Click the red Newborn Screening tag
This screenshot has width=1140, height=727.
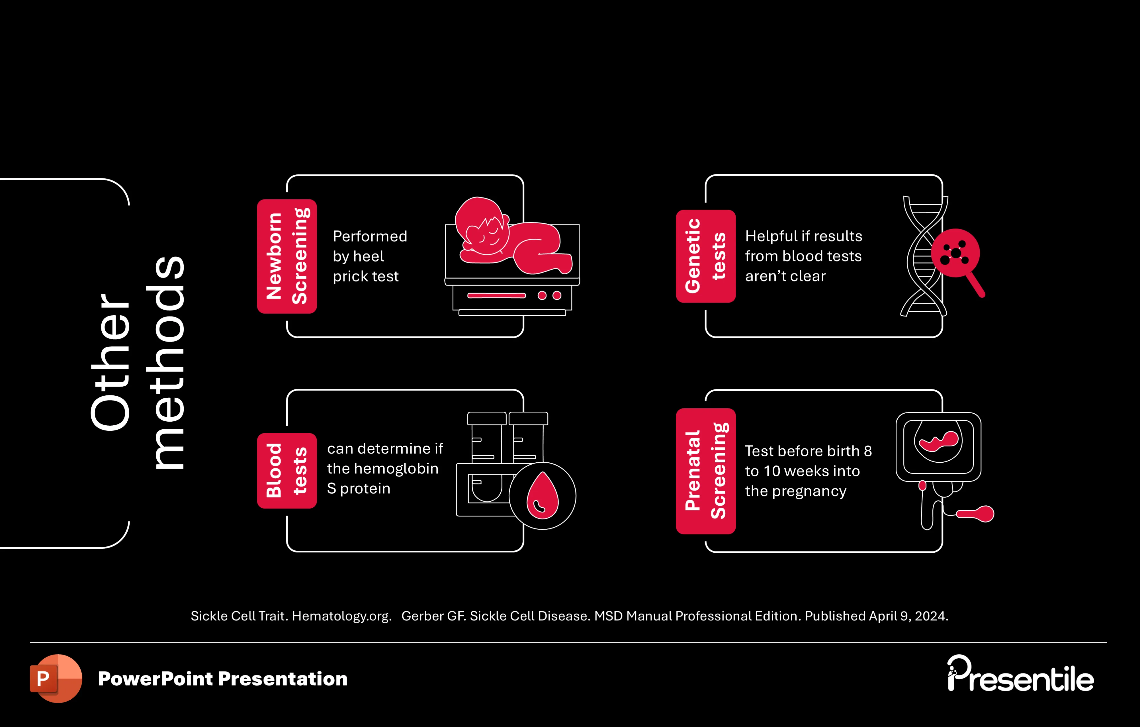tap(286, 256)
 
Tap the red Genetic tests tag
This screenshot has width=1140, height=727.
tap(705, 256)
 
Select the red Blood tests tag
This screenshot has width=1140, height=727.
tap(286, 470)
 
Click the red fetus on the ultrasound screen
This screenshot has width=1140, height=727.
tap(938, 440)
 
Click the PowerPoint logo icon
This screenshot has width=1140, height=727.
tap(55, 678)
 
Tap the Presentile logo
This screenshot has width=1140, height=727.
tap(1020, 674)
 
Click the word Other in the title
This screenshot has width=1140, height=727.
tap(110, 362)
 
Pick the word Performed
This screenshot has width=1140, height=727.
tap(370, 236)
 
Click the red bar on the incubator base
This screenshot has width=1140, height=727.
tap(496, 295)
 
